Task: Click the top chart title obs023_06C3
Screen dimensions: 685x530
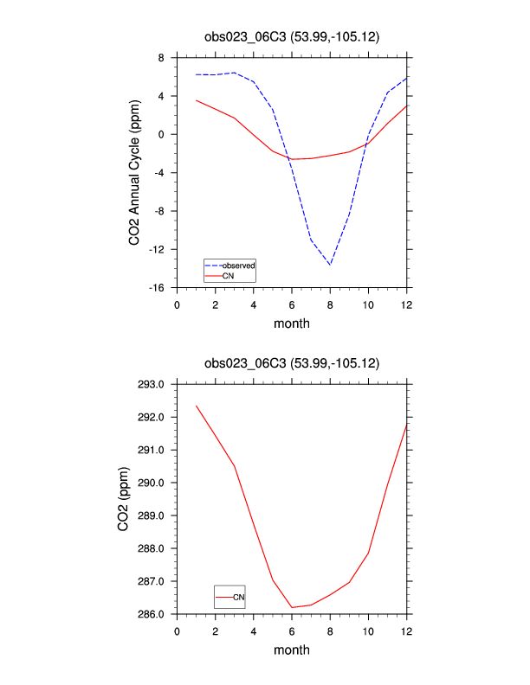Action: (292, 37)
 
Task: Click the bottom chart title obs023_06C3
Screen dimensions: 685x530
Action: (292, 364)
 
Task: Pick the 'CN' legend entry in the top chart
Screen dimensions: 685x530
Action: (228, 276)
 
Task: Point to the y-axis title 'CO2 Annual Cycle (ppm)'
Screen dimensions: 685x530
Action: (135, 173)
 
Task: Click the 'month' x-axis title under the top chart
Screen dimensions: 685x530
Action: (292, 324)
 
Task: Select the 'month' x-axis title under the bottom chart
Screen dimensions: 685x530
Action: (292, 650)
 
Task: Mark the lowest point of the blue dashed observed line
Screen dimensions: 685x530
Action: (330, 265)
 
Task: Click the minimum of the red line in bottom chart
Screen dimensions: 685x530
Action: (292, 607)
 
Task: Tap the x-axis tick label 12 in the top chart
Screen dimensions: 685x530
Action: (406, 304)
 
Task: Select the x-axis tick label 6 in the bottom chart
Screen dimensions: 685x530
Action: (292, 631)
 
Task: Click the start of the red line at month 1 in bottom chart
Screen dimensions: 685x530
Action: (197, 406)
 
